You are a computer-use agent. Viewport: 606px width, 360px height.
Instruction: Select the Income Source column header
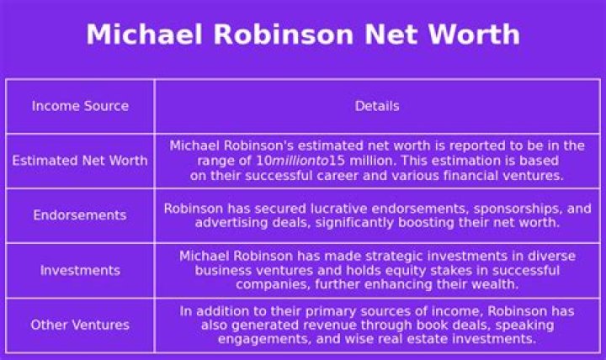80,106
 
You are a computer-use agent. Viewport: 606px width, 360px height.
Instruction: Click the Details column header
377,106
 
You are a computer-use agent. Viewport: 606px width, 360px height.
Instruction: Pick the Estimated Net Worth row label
80,161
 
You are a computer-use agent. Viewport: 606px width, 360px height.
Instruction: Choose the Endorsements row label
80,215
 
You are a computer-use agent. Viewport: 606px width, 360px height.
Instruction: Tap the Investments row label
80,270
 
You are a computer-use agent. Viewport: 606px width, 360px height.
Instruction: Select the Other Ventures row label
80,325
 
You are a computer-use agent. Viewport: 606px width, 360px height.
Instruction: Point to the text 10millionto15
286,161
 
